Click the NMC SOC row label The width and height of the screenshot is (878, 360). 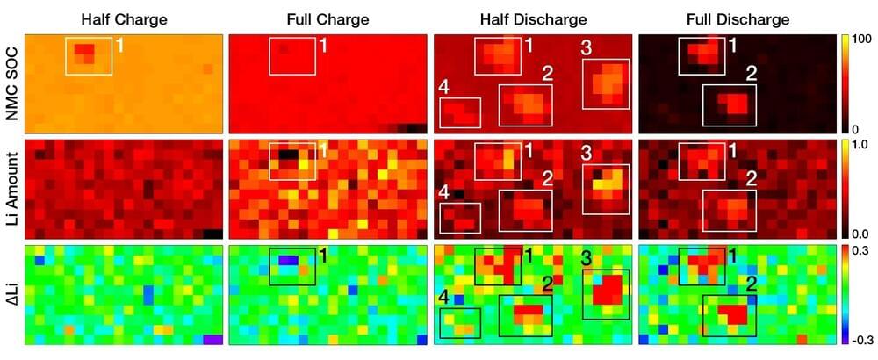pyautogui.click(x=12, y=84)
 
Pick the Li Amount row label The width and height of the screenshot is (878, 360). pyautogui.click(x=12, y=189)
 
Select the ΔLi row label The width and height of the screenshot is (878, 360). pyautogui.click(x=12, y=295)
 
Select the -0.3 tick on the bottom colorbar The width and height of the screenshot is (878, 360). pyautogui.click(x=860, y=339)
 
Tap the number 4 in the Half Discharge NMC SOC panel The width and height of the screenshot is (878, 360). pyautogui.click(x=444, y=88)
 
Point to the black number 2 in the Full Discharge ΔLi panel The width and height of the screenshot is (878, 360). pyautogui.click(x=751, y=284)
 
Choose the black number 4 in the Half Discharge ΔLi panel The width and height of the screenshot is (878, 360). pyautogui.click(x=445, y=299)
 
